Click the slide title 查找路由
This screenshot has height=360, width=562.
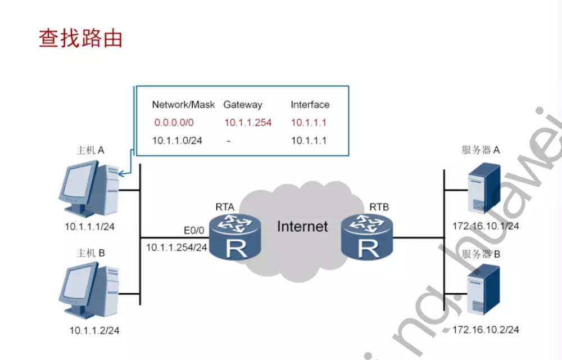tap(80, 38)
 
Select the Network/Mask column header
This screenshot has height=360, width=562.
tap(183, 105)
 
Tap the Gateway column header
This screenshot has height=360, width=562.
tap(243, 105)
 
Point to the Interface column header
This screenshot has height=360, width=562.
tap(310, 104)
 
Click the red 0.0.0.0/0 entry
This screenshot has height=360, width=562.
tap(174, 123)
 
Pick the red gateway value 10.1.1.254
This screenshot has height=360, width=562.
tap(248, 123)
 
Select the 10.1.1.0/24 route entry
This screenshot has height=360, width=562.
tap(177, 141)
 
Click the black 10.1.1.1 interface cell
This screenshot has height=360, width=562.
tap(309, 141)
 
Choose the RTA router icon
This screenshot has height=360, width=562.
tap(235, 237)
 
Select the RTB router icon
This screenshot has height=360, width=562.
tap(367, 237)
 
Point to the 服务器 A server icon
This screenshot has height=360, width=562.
tap(484, 188)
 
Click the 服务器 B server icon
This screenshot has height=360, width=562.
tap(484, 290)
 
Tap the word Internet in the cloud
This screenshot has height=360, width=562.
tap(302, 227)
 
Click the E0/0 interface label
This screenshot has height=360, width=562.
tap(194, 230)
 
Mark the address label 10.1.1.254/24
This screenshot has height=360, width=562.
tap(176, 247)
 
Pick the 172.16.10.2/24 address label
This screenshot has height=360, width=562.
tap(486, 330)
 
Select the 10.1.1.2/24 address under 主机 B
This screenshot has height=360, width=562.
tap(94, 330)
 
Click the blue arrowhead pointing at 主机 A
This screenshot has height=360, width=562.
tap(121, 174)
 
